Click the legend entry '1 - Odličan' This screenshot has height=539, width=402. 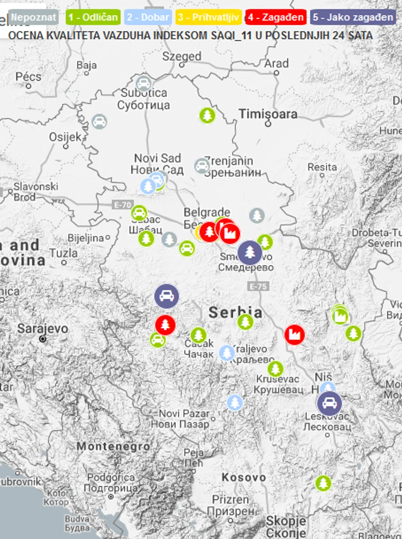click(93, 18)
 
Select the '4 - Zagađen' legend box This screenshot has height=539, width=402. click(276, 18)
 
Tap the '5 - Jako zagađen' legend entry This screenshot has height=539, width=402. click(353, 18)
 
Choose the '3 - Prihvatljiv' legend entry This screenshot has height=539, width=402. click(209, 18)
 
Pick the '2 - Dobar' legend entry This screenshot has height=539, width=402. click(148, 18)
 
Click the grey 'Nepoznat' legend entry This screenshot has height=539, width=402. click(33, 18)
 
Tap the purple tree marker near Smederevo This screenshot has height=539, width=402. click(250, 252)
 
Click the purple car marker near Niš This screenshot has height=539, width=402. click(329, 403)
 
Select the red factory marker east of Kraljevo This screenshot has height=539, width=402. click(295, 335)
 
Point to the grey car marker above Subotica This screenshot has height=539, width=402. click(143, 84)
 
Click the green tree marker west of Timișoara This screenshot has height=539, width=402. click(207, 115)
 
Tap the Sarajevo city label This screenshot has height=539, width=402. click(42, 329)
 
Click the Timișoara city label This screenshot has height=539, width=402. click(268, 114)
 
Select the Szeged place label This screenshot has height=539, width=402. click(181, 57)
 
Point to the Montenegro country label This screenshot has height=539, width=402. click(113, 446)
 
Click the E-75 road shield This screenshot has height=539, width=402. click(258, 286)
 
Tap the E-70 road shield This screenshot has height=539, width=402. click(122, 205)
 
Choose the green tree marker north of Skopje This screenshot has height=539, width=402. click(323, 483)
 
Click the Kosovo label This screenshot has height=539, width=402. click(244, 477)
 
